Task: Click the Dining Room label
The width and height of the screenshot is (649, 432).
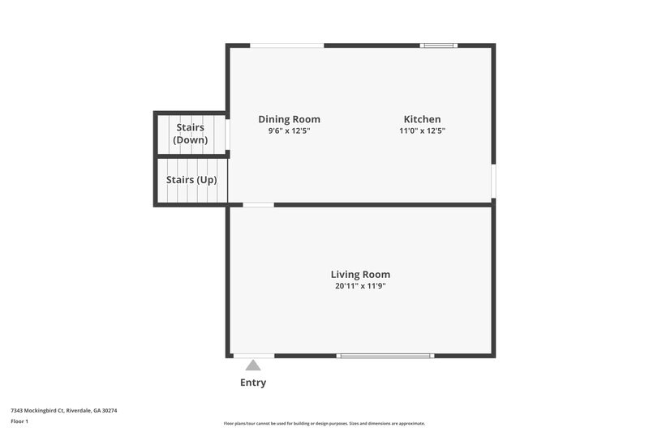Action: point(289,119)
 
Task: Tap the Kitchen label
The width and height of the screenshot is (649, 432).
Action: point(422,119)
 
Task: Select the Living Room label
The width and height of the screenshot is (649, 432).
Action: point(360,274)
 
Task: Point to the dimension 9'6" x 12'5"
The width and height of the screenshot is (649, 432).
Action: point(289,130)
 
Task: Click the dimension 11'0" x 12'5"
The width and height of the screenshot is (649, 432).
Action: point(422,130)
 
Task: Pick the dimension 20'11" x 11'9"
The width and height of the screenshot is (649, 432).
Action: point(360,285)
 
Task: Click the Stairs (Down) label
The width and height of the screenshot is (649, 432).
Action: point(190,133)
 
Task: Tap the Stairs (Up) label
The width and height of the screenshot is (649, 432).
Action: point(191,180)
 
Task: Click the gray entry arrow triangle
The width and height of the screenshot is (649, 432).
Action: point(253,366)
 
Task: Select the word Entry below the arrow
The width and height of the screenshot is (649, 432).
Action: point(253,383)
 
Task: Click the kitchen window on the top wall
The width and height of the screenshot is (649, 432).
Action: point(438,45)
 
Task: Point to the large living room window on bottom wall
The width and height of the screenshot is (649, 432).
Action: point(385,355)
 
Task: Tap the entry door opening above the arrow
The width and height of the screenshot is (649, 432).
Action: point(253,355)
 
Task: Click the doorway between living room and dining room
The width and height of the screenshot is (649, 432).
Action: point(258,205)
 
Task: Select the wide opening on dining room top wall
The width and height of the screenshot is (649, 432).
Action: point(286,45)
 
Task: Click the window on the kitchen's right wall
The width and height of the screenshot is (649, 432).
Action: point(492,182)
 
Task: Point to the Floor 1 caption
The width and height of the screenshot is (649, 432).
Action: point(19,421)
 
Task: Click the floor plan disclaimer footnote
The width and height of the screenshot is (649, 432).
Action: point(324,423)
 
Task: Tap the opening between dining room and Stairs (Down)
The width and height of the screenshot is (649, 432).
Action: point(228,135)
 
